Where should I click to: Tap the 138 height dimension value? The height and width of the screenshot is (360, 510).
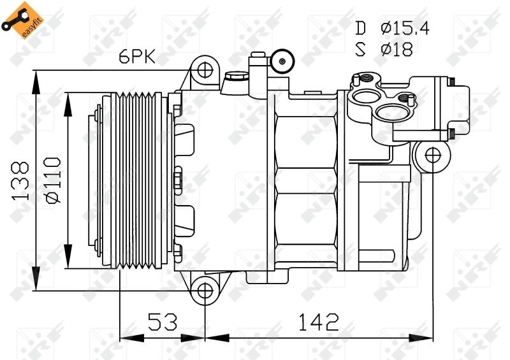click(21, 182)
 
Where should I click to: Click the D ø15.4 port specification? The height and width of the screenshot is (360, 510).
click(385, 27)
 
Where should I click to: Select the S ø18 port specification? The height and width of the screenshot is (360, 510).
click(385, 49)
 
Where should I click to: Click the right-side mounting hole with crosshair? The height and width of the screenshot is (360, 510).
click(432, 154)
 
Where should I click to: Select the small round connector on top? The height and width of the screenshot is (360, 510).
click(280, 61)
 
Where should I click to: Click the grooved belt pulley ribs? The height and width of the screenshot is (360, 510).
click(137, 181)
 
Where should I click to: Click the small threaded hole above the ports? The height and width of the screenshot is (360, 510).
click(368, 80)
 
